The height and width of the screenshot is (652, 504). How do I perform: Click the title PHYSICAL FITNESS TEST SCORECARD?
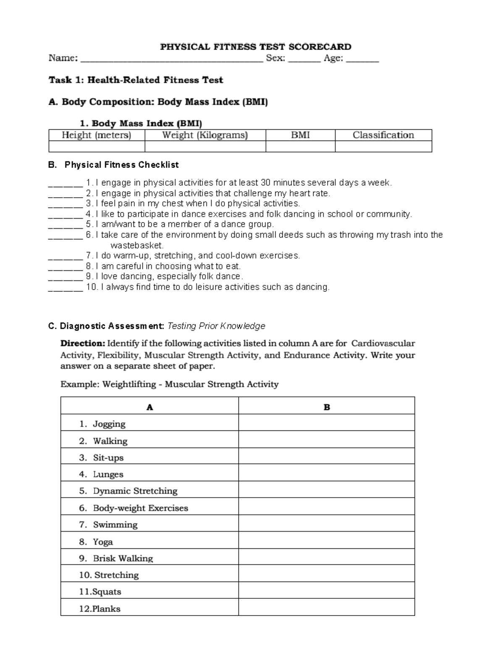click(x=255, y=47)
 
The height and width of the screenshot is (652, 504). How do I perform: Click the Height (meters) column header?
click(x=97, y=135)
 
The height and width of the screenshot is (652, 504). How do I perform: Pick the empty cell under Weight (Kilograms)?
click(x=205, y=146)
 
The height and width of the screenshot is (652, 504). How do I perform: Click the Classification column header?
click(x=383, y=135)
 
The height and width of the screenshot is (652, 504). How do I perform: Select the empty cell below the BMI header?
click(x=300, y=146)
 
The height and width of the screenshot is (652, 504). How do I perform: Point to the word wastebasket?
click(x=137, y=245)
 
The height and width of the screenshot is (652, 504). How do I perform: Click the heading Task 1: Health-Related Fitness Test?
click(x=136, y=80)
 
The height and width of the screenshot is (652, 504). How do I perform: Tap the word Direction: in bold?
click(x=83, y=343)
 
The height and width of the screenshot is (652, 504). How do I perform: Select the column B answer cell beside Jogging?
click(x=326, y=423)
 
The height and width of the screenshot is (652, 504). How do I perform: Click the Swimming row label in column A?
click(x=115, y=525)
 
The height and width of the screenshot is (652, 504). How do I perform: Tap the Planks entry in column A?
click(x=106, y=609)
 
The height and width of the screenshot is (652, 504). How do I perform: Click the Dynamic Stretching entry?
click(x=135, y=491)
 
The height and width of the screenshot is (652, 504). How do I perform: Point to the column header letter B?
click(x=327, y=407)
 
